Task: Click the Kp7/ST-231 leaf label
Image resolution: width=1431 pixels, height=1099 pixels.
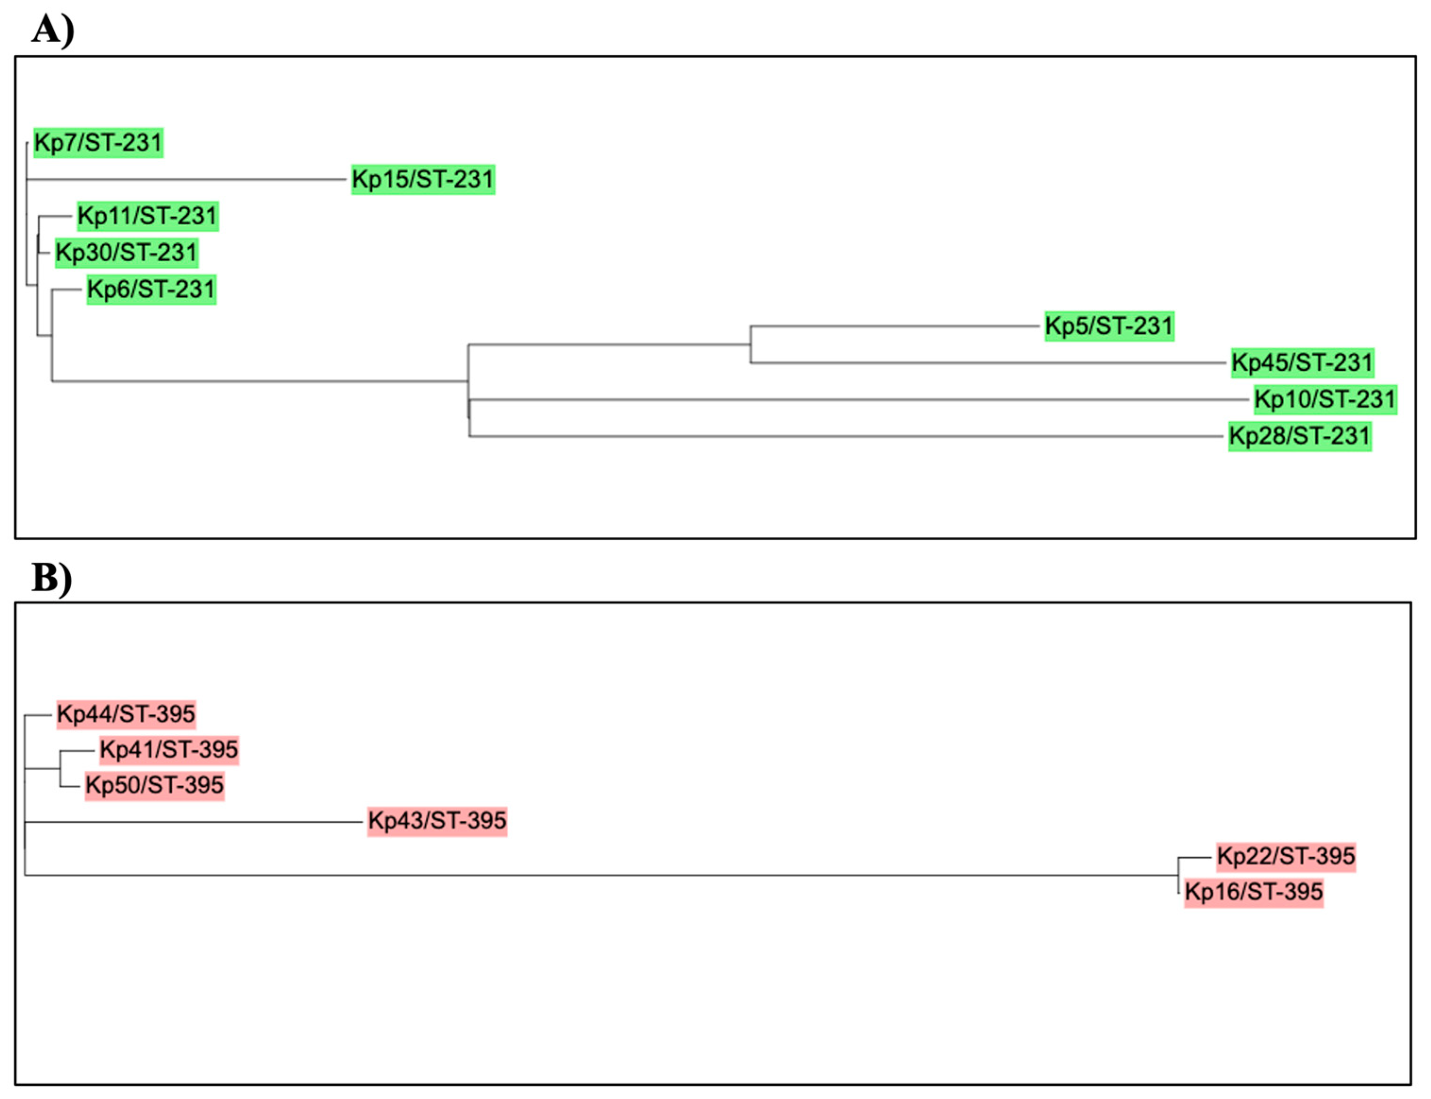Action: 98,143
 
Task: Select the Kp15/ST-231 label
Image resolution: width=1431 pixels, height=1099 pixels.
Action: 423,179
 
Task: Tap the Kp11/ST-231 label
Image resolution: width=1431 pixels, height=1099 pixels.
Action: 147,216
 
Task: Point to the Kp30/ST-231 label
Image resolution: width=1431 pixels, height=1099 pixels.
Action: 126,253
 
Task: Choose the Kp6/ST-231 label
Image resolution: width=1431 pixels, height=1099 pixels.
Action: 151,289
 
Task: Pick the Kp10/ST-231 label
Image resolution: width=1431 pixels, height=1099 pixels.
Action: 1325,399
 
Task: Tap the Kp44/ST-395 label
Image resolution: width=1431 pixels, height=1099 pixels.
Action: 126,714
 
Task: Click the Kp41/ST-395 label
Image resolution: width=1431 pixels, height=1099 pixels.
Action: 168,749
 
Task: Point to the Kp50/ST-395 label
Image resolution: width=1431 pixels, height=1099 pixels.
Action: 154,784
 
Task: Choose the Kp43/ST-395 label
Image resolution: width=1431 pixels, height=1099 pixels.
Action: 437,820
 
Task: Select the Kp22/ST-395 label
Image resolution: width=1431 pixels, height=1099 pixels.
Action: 1286,856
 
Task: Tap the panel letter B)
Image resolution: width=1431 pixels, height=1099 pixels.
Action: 51,578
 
